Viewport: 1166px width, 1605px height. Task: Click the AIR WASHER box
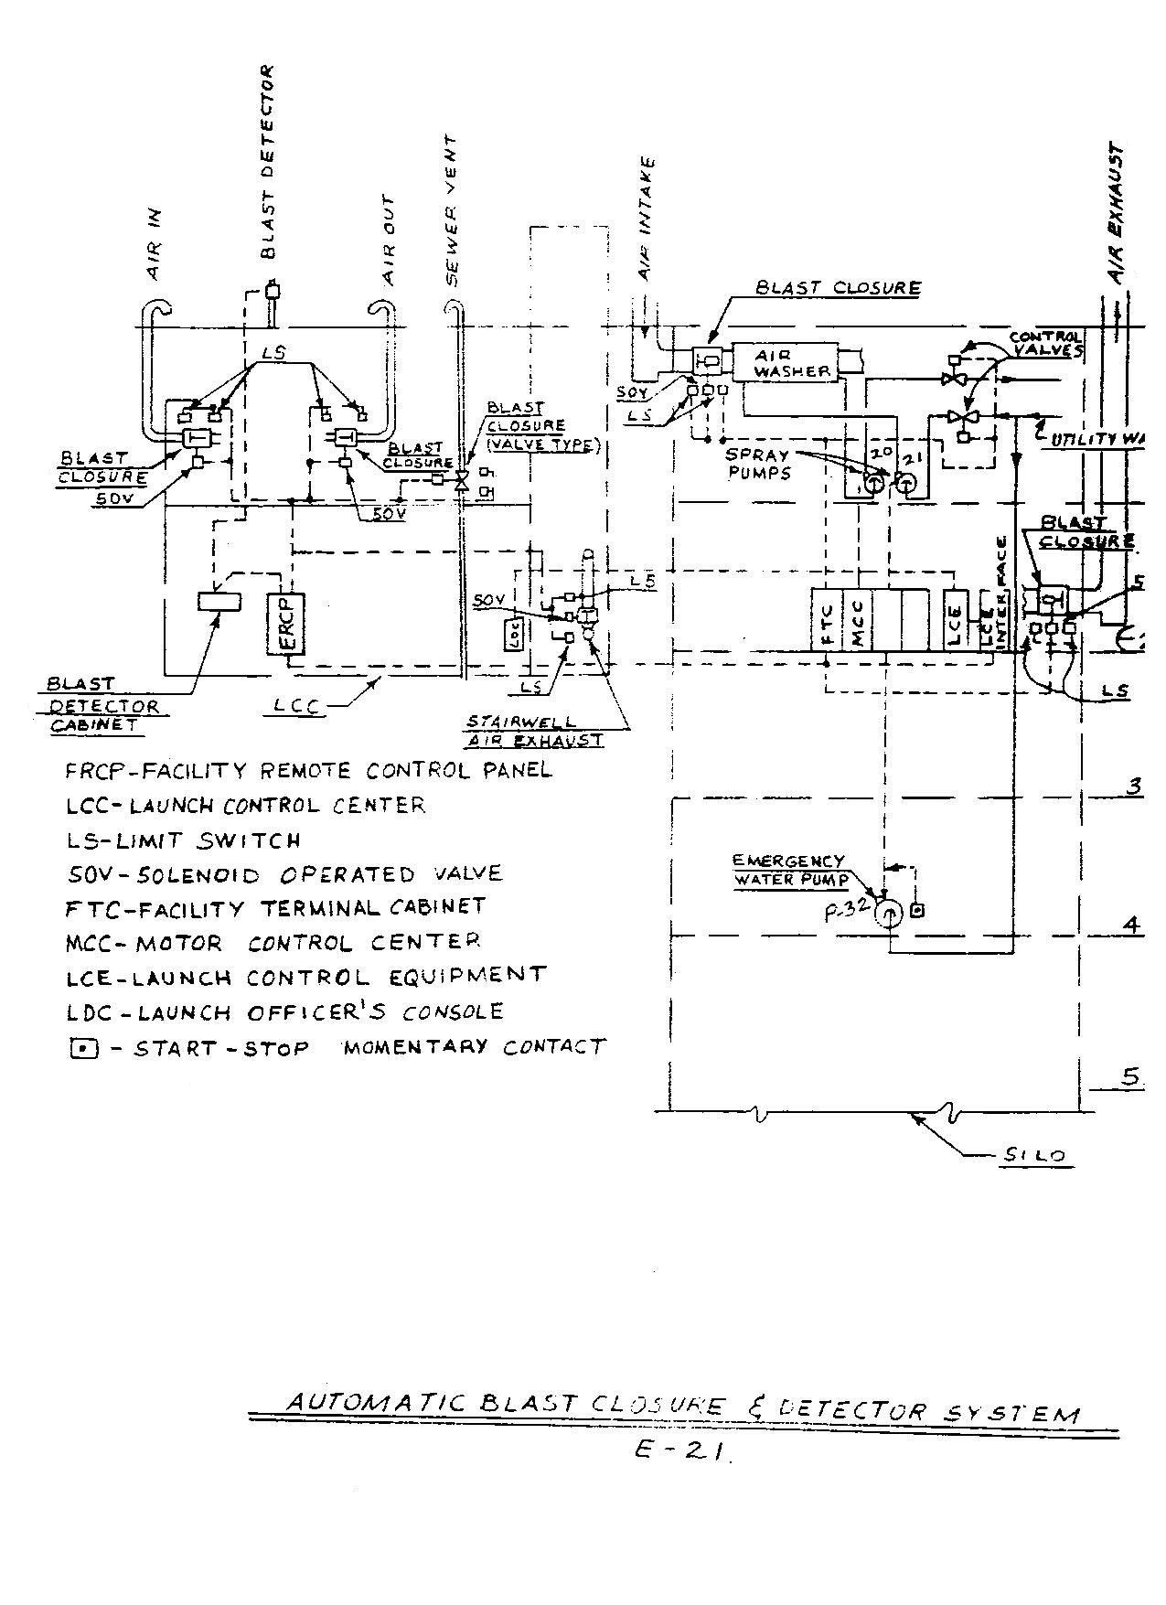pos(792,363)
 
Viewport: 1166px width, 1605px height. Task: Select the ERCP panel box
pos(287,624)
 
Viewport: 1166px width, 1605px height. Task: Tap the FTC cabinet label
pos(827,621)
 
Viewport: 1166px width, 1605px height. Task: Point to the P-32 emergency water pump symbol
pos(888,914)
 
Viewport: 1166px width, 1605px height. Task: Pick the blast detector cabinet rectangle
pos(219,602)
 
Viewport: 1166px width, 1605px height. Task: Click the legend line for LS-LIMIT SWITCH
pos(183,840)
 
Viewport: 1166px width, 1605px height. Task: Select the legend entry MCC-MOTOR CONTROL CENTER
pos(273,942)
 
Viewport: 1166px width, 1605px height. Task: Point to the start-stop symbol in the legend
pos(83,1049)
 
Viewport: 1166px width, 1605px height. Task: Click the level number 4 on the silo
pos(1132,926)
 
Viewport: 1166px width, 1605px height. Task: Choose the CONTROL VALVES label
pos(1047,344)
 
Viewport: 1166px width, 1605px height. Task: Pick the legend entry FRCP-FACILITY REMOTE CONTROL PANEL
pos(308,770)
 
